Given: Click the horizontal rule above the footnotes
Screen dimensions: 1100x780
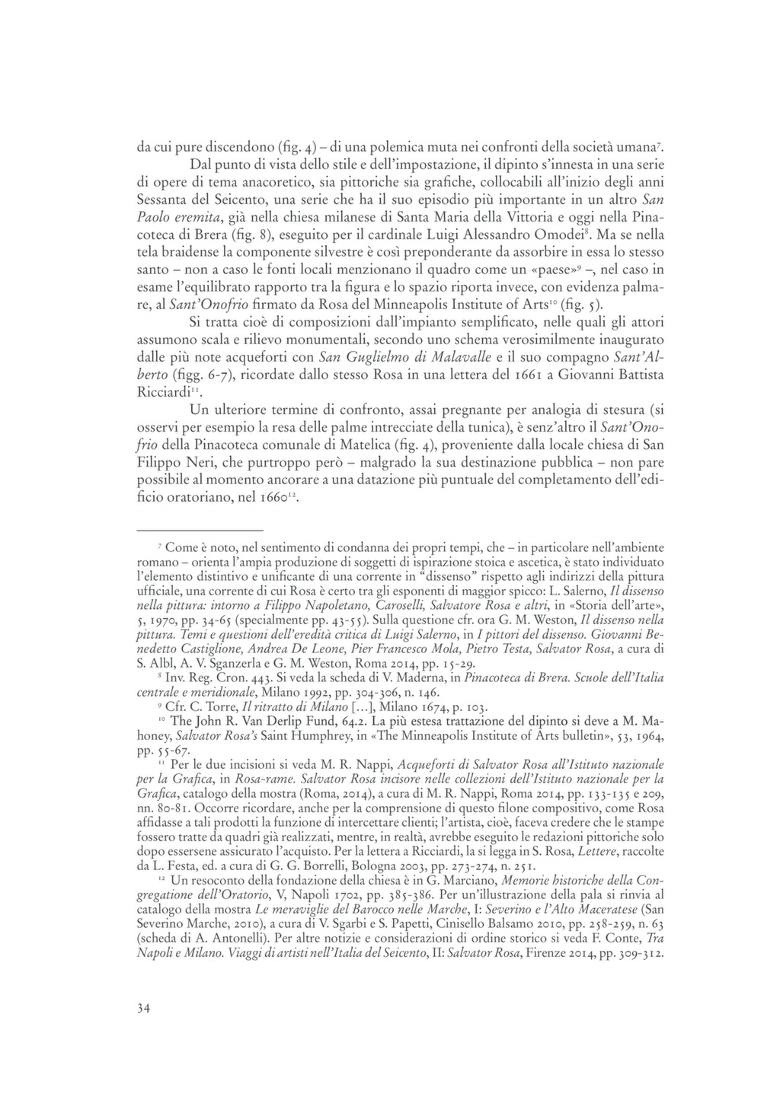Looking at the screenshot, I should click(200, 529).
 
